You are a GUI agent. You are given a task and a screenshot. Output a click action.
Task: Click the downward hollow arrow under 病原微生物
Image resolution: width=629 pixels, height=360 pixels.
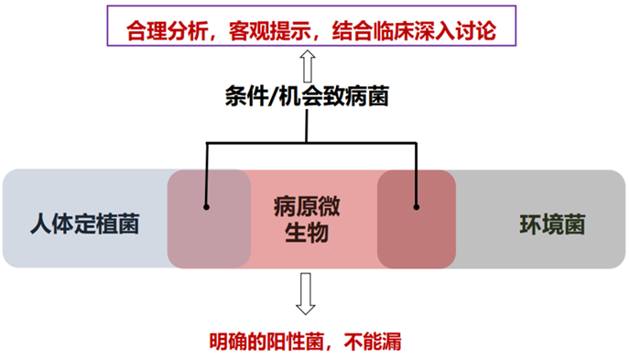click(x=306, y=294)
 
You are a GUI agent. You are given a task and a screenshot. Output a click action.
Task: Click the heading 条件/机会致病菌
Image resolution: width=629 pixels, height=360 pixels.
click(x=307, y=96)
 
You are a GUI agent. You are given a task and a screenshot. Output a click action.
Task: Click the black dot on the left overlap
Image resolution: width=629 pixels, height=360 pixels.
click(x=207, y=206)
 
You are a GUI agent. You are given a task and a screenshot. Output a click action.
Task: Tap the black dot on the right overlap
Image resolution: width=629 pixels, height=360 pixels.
click(x=417, y=206)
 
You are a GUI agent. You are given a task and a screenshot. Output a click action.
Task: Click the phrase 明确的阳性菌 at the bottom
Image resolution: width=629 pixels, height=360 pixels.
click(x=261, y=343)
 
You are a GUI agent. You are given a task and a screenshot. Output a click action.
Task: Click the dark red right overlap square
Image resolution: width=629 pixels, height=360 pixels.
click(x=417, y=219)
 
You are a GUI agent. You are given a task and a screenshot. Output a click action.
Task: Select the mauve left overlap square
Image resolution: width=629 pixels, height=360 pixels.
click(x=208, y=219)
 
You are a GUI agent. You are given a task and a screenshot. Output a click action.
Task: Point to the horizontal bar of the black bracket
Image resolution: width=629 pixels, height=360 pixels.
click(x=311, y=144)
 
